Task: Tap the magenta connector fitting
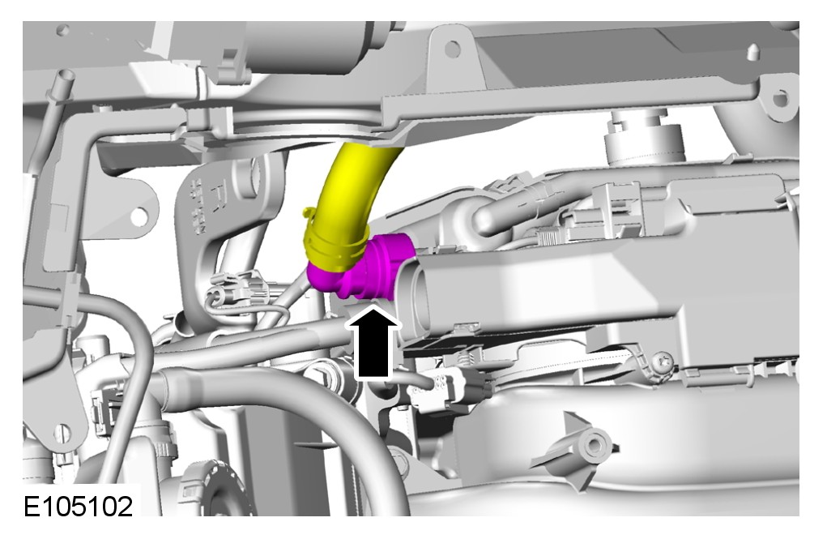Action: (364, 267)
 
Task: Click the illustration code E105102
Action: (78, 507)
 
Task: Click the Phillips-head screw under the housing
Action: (663, 362)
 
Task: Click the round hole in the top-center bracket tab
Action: (452, 49)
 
